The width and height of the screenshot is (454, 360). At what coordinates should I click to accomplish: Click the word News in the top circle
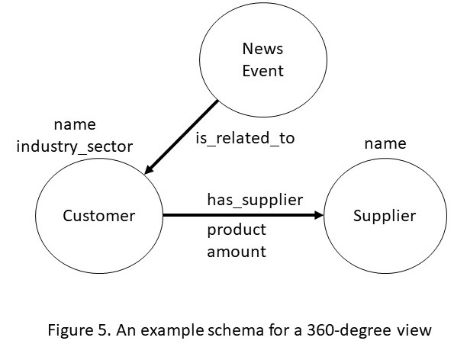pos(262,49)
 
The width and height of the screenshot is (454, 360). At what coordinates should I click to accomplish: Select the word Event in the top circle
pos(262,71)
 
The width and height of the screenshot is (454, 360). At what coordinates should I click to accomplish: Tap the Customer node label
pos(99,216)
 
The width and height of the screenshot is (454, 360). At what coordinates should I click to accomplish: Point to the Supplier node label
pos(385,216)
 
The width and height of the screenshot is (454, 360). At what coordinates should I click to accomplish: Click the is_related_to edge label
pos(245,138)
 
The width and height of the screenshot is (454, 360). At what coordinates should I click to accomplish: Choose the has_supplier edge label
pos(255,200)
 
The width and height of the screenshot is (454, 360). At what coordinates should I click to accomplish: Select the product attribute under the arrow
pos(237,230)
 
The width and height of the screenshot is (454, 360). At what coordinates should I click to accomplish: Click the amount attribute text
pos(237,252)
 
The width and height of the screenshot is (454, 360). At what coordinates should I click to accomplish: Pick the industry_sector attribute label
pos(75,146)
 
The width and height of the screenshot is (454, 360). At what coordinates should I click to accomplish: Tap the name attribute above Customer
pos(75,125)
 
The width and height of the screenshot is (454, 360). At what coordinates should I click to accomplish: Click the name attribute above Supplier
pos(385,144)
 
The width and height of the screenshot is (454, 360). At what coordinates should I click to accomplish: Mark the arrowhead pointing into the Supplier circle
pos(318,215)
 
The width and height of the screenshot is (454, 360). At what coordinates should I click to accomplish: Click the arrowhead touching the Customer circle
pos(149,169)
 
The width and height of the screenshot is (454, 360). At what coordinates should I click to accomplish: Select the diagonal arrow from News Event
pos(181,137)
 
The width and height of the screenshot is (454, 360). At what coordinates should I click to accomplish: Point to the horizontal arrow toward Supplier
pos(243,215)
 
